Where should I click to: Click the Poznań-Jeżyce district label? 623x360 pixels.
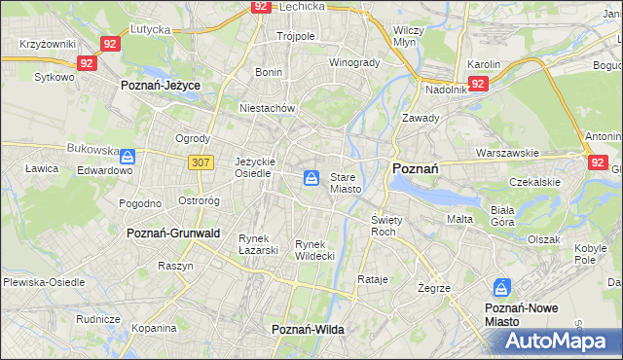(x=160, y=86)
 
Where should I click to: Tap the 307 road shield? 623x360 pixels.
(x=202, y=162)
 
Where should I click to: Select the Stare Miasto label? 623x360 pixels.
(x=346, y=183)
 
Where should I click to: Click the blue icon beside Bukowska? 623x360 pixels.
(x=128, y=155)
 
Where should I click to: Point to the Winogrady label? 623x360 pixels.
(x=353, y=63)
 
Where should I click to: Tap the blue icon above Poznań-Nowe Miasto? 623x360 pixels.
(x=501, y=288)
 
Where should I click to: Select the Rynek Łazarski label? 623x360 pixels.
(x=259, y=243)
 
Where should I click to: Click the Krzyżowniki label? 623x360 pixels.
(x=48, y=45)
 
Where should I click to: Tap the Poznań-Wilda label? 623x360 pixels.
(x=308, y=330)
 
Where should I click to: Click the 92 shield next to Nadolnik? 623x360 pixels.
(x=477, y=85)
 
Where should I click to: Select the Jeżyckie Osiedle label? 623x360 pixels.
(x=255, y=167)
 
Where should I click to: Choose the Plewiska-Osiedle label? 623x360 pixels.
(x=44, y=282)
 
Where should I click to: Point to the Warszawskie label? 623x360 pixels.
(x=507, y=154)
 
